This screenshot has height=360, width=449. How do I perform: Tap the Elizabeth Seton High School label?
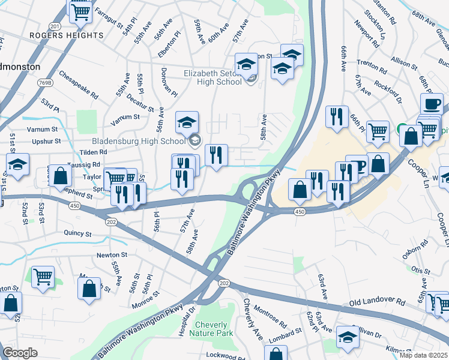[x=212, y=78]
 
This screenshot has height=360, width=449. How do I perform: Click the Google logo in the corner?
[x=20, y=353]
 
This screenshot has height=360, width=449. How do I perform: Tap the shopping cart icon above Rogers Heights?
[x=80, y=10]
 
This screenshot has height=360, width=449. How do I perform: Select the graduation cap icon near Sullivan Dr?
[x=347, y=337]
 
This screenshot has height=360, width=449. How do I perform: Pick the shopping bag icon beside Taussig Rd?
[x=61, y=176]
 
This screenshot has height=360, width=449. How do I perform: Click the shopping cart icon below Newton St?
[x=43, y=277]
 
